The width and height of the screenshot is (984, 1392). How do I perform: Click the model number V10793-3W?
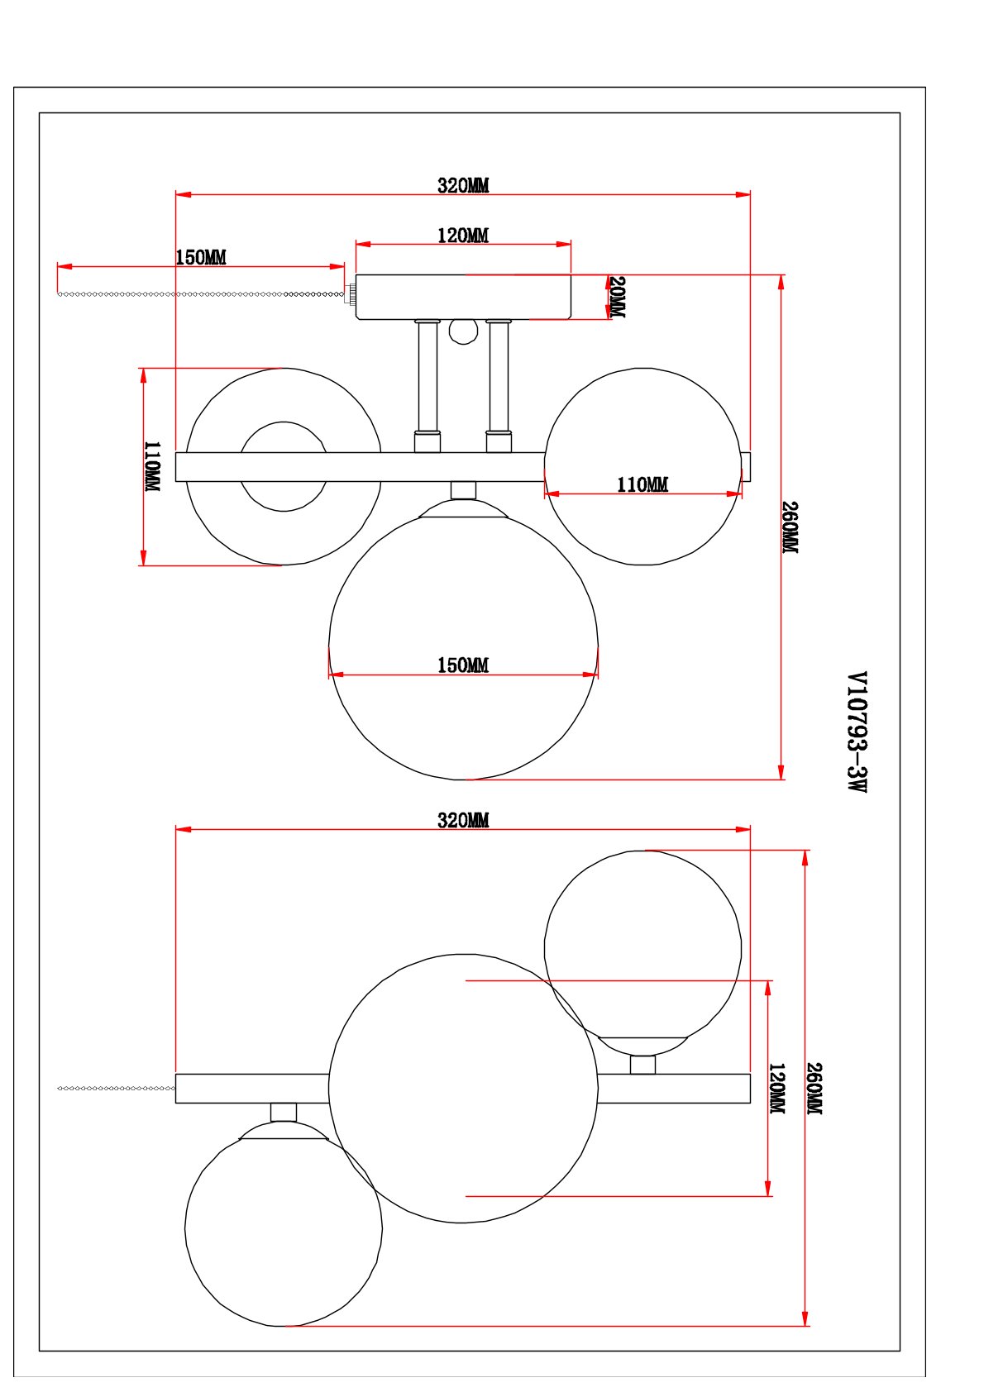point(857,732)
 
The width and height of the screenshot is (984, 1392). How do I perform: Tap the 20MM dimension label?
point(617,297)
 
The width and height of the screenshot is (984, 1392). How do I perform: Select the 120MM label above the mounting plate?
point(463,236)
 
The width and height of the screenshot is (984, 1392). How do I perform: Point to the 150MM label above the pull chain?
point(200,257)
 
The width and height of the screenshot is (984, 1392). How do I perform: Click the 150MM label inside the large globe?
point(463,665)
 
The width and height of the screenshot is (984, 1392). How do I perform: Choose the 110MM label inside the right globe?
point(642,484)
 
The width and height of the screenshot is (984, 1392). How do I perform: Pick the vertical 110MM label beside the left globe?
point(152,467)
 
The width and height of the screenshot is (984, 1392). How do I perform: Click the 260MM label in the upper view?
point(790,527)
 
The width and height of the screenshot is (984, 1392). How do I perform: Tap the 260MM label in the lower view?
point(814,1089)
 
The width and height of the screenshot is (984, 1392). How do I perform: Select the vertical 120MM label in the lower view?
point(777,1088)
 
